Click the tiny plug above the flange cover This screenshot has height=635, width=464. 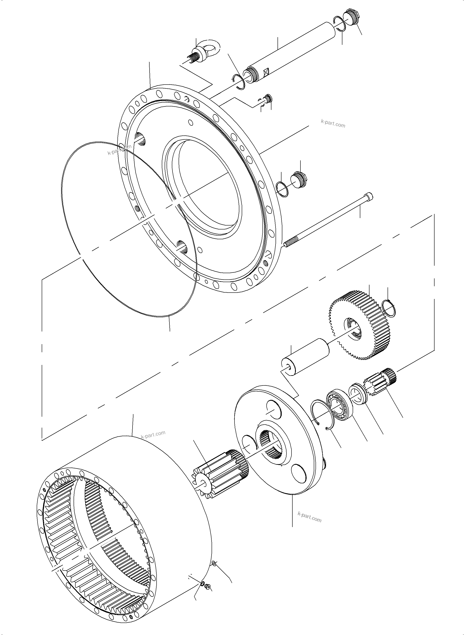coord(268,99)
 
